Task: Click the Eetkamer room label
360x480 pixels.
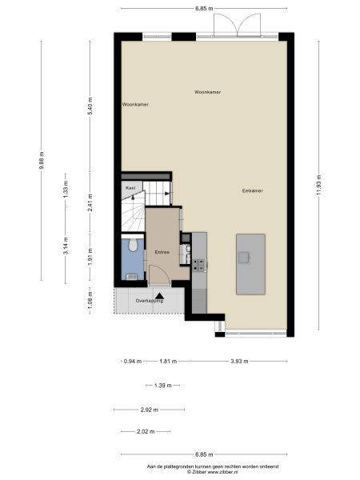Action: click(x=253, y=190)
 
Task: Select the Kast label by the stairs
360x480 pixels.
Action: click(x=130, y=187)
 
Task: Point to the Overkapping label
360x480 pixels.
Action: click(x=150, y=301)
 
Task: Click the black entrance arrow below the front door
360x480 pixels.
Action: click(x=160, y=296)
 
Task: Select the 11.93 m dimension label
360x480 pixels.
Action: click(x=318, y=184)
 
